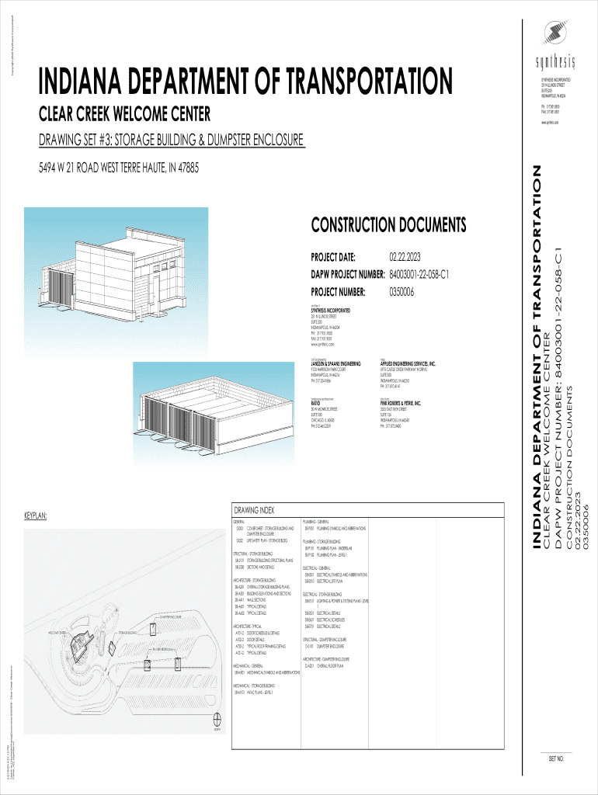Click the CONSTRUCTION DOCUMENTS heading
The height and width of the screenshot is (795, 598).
click(x=388, y=226)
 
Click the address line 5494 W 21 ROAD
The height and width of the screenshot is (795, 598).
click(x=109, y=168)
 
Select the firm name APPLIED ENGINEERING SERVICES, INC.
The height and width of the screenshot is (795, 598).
click(x=408, y=363)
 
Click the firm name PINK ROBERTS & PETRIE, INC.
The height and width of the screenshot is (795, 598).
click(x=400, y=404)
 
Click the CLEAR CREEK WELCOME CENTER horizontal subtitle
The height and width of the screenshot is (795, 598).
click(x=124, y=116)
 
